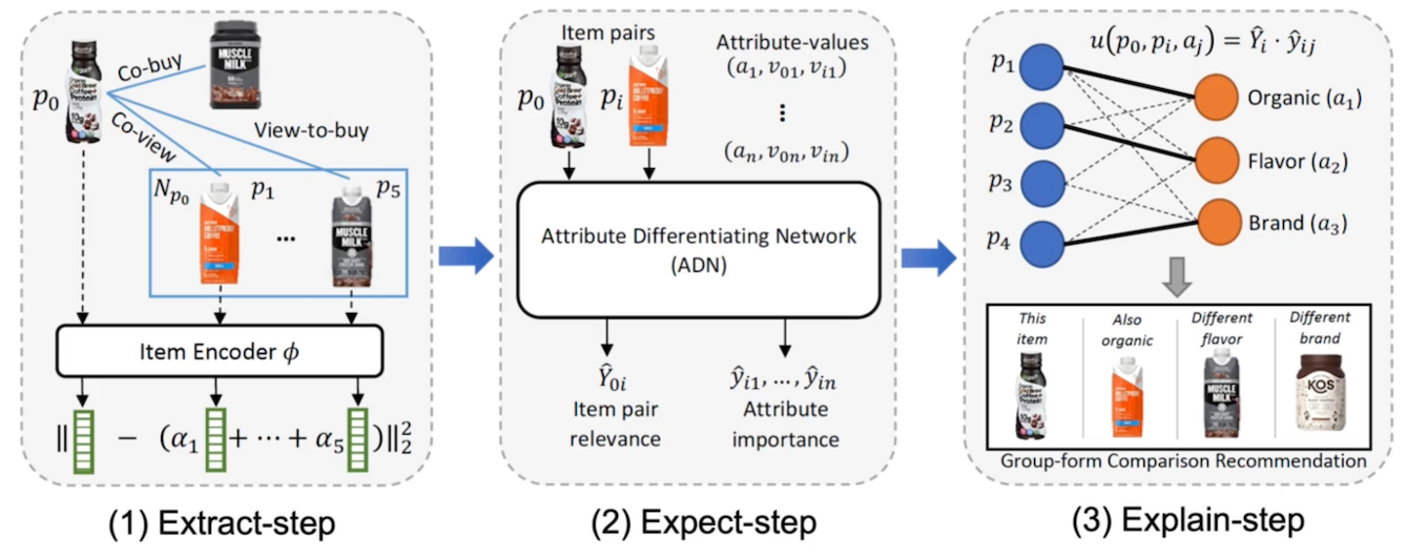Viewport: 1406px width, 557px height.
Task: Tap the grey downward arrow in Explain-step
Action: click(x=1179, y=279)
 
